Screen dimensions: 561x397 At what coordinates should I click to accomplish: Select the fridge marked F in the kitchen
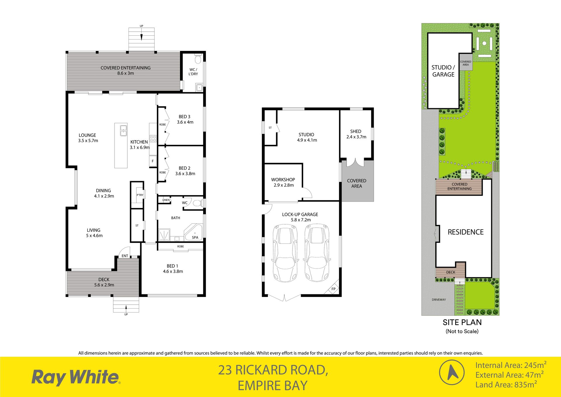[x=153, y=161]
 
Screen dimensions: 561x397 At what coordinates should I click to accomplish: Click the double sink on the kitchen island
[x=124, y=130]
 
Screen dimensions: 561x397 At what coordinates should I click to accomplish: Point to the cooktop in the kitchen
[x=153, y=139]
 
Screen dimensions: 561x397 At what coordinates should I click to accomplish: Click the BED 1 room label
[x=172, y=266]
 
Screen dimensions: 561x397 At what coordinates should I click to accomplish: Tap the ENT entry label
[x=125, y=256]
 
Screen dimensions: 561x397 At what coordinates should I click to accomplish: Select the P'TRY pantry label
[x=140, y=195]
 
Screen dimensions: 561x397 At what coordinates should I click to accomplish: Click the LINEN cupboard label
[x=166, y=200]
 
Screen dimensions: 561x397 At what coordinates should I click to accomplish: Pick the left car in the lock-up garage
[x=285, y=253]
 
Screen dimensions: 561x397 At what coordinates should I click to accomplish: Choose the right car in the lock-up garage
[x=317, y=253]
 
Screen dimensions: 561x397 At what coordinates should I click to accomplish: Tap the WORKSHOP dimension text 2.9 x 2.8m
[x=284, y=185]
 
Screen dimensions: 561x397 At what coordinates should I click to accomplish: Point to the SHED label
[x=356, y=131]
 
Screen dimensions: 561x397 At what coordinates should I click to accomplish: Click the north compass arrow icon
[x=452, y=372]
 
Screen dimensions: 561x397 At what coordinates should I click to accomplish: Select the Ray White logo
[x=76, y=377]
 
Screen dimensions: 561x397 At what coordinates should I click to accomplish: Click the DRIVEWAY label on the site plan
[x=439, y=300]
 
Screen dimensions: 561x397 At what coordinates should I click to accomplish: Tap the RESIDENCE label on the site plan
[x=466, y=232]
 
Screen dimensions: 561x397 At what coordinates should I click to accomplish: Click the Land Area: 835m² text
[x=506, y=384]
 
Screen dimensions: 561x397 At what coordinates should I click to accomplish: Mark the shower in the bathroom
[x=164, y=235]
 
